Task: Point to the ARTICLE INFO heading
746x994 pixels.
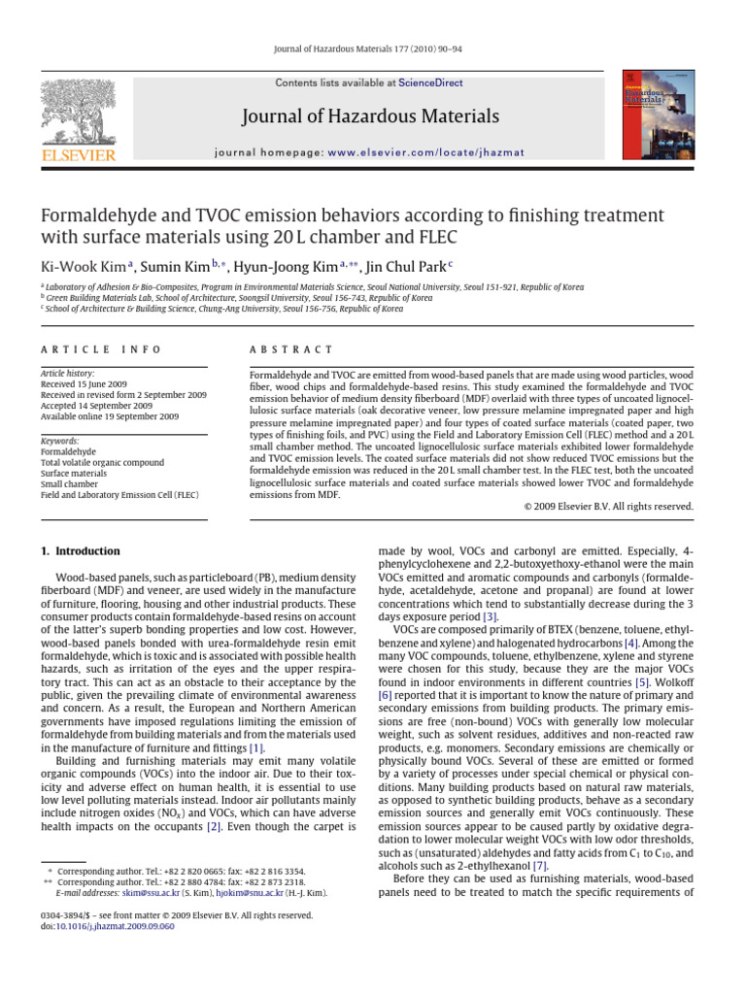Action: point(101,349)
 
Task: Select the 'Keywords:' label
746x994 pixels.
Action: point(59,441)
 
